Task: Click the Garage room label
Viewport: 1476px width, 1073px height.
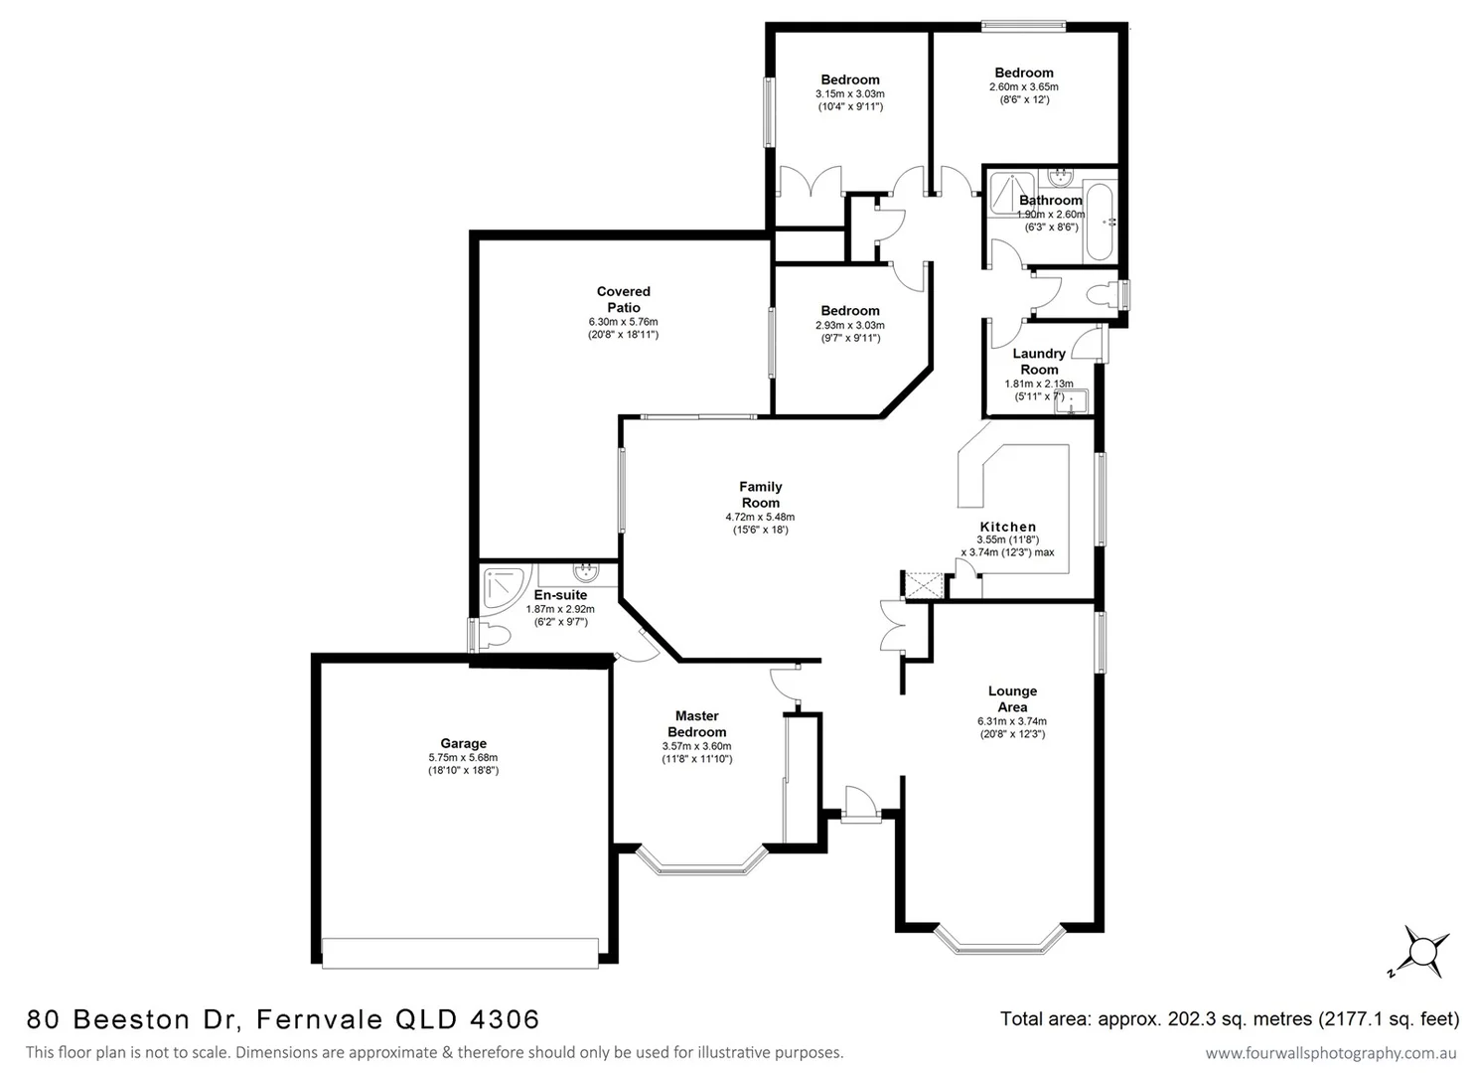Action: pyautogui.click(x=463, y=743)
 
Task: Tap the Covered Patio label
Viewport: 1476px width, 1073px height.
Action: pyautogui.click(x=623, y=299)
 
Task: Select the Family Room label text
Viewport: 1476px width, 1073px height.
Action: pyautogui.click(x=760, y=494)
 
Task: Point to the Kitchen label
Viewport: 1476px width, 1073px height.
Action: pyautogui.click(x=1007, y=527)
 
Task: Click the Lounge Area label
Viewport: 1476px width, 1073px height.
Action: pyautogui.click(x=1012, y=698)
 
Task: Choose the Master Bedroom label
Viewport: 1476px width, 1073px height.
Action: pyautogui.click(x=696, y=723)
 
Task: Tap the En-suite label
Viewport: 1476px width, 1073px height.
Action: pyautogui.click(x=560, y=595)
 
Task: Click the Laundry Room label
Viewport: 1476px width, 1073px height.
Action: pyautogui.click(x=1038, y=361)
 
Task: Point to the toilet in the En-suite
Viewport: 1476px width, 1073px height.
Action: pyautogui.click(x=491, y=635)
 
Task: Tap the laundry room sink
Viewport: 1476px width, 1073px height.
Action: pyautogui.click(x=1071, y=400)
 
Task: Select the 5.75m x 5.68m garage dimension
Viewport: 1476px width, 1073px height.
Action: pyautogui.click(x=463, y=757)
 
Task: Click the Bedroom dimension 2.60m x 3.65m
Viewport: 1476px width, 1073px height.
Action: pyautogui.click(x=1023, y=86)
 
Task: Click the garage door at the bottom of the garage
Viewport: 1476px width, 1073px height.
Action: pyautogui.click(x=460, y=952)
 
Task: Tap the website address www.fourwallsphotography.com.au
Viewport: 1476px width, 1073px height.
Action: pyautogui.click(x=1330, y=1052)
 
